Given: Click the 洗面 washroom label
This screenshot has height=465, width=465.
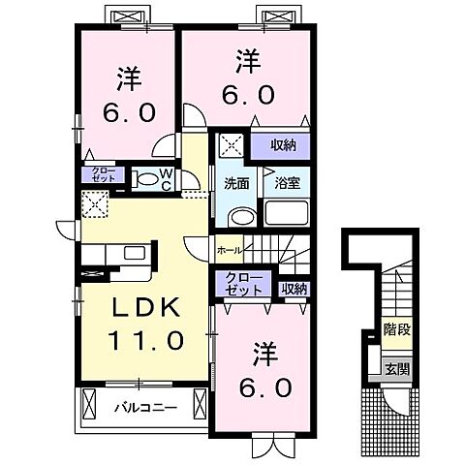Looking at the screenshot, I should [237, 183].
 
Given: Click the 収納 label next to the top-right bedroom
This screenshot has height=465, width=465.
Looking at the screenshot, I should [283, 145].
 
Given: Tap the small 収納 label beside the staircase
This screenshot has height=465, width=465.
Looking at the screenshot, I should [294, 288].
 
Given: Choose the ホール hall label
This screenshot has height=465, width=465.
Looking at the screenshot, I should [230, 250].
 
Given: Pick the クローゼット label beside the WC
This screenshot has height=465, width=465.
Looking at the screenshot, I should [103, 175].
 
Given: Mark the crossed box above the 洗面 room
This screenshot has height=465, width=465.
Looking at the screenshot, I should [231, 146].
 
